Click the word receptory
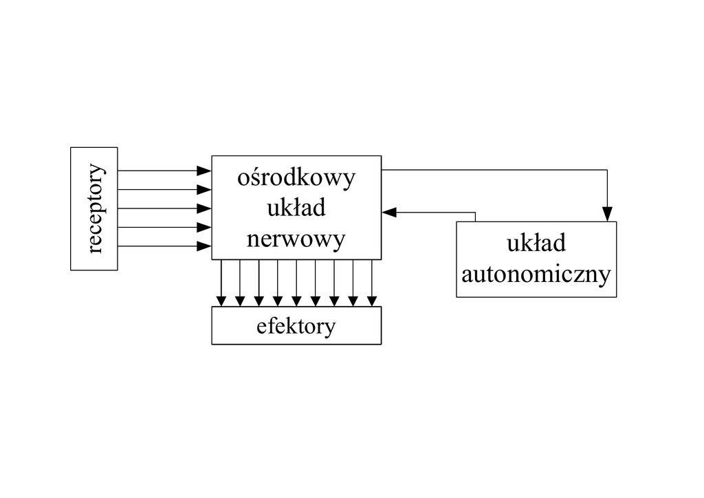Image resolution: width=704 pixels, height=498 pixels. point(95,208)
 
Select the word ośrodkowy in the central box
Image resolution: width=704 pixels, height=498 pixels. point(296,177)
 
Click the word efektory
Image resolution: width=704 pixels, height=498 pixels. point(296,325)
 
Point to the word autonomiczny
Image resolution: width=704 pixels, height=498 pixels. point(536,274)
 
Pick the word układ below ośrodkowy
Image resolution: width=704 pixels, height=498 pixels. point(296,208)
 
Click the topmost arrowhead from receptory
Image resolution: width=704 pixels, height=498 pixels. point(204,170)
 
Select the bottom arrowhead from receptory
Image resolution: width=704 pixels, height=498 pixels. point(204,246)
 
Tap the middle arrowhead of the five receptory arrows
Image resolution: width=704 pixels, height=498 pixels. point(204,208)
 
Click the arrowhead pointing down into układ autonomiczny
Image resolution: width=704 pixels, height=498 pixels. point(607,215)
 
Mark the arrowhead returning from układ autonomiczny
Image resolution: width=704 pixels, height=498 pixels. point(390,213)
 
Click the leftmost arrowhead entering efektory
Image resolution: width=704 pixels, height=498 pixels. point(221,300)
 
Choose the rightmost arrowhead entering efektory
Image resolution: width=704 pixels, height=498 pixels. point(372,300)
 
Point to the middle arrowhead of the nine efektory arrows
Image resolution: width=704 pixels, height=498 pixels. point(296,300)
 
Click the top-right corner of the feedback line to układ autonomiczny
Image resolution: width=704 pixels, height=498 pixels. point(607,170)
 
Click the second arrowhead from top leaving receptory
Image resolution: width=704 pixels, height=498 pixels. point(204,189)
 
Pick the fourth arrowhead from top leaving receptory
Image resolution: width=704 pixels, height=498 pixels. point(204,227)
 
